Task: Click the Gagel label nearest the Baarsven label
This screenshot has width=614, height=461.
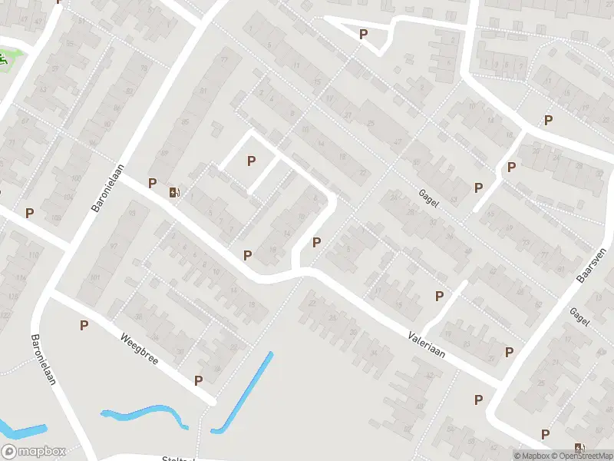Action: click(x=579, y=317)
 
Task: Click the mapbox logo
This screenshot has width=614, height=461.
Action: click(x=34, y=452)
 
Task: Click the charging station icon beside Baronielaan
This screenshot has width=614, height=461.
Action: click(x=175, y=193)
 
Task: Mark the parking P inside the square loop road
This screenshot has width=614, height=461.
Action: click(x=250, y=161)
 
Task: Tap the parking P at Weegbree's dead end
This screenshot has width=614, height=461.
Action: click(x=198, y=380)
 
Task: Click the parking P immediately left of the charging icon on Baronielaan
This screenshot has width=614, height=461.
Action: click(x=153, y=183)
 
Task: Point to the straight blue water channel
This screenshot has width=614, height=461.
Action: click(x=243, y=392)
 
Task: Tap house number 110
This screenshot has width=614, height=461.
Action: click(x=33, y=254)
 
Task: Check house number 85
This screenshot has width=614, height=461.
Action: click(x=184, y=121)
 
